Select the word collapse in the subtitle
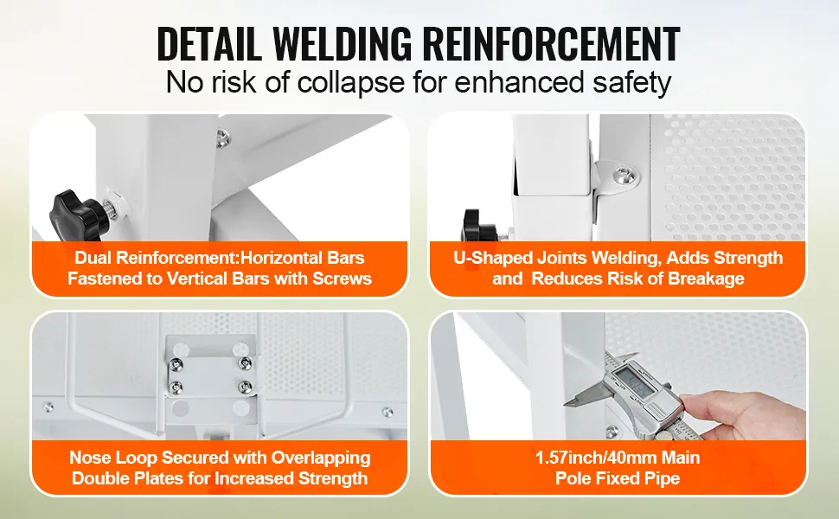pos(350,82)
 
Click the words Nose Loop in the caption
pos(113,458)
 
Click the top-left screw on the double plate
pos(176,364)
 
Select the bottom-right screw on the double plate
pos(245,386)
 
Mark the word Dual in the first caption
pos(93,258)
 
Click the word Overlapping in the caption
pos(321,458)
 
